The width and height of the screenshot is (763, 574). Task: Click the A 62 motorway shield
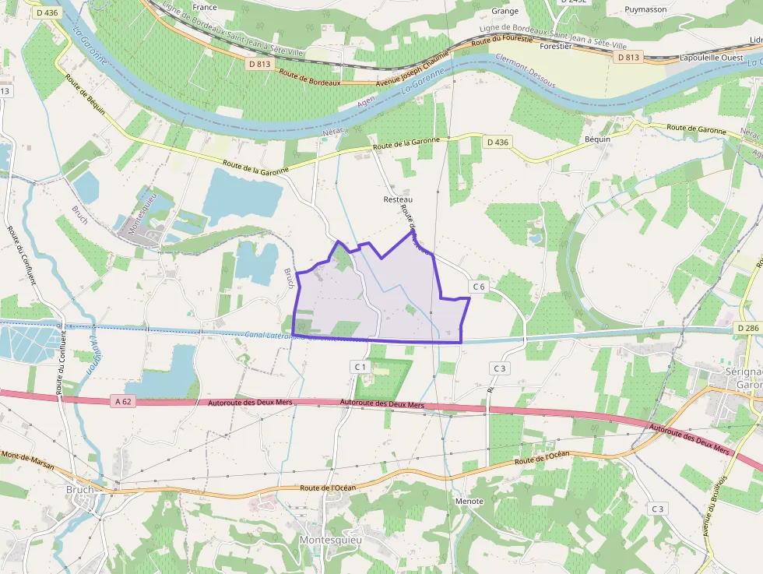122,401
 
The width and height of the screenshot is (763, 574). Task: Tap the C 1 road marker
359,366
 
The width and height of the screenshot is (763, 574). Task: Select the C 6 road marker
478,287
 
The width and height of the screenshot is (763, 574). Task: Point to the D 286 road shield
747,329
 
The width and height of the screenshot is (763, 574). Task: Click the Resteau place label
398,199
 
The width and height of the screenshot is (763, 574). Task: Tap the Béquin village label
598,139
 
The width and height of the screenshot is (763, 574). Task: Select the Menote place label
469,501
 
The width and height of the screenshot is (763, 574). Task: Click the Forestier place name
556,46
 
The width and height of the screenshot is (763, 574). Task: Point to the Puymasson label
645,10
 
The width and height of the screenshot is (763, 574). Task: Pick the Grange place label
505,11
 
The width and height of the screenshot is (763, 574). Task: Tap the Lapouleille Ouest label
711,57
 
